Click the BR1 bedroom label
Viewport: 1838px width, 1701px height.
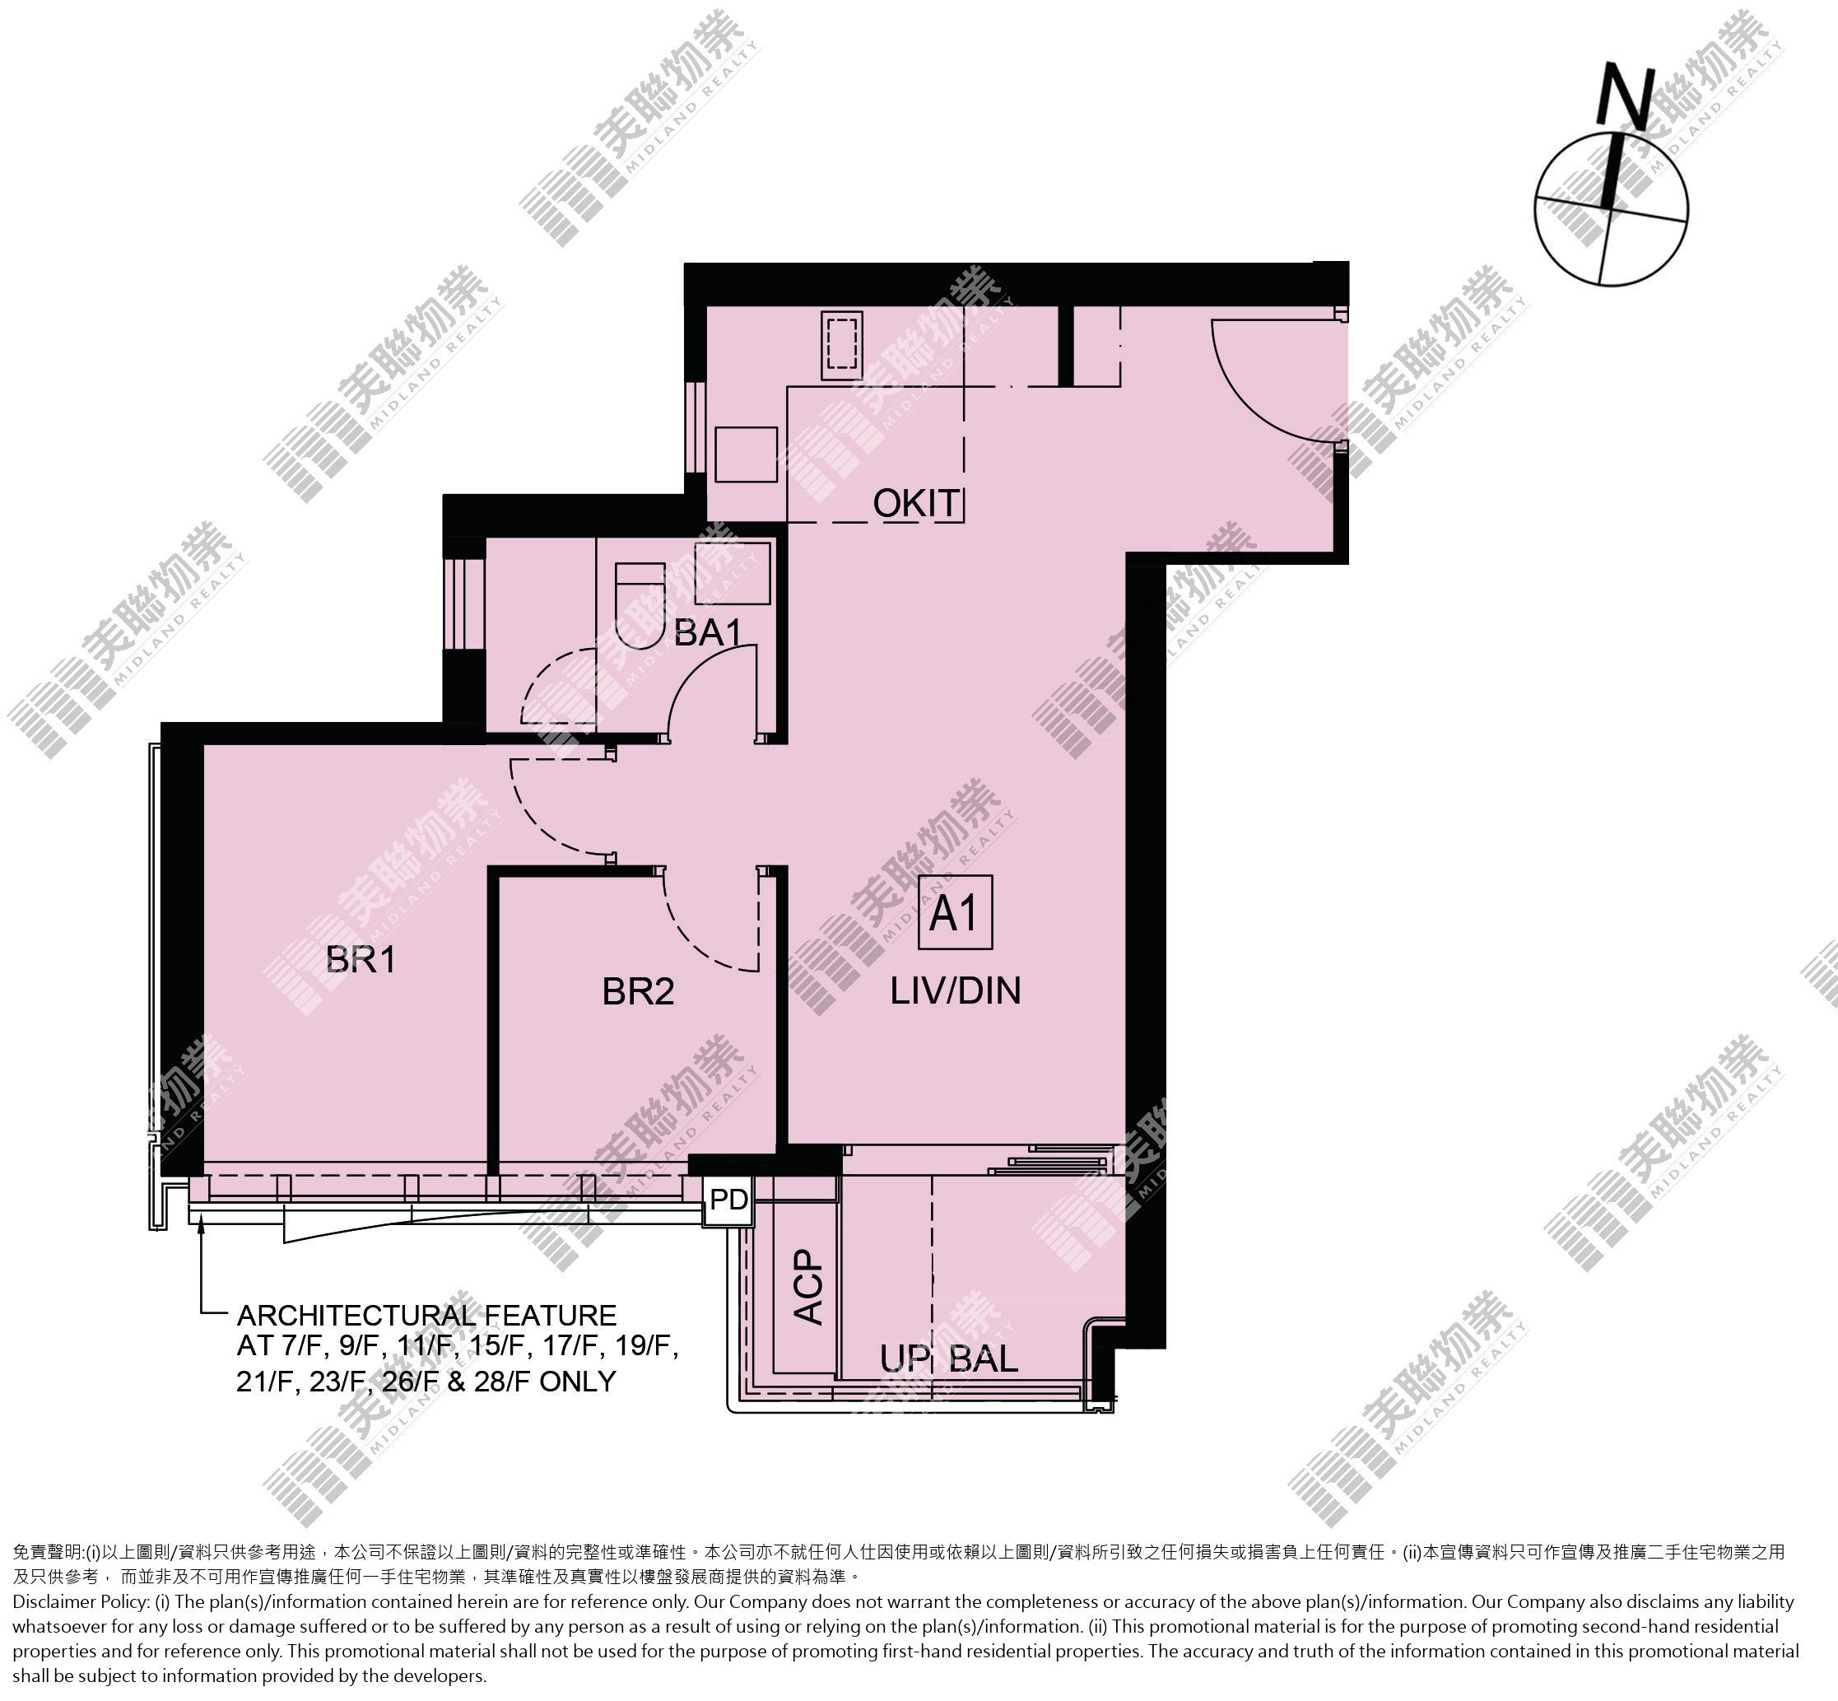(x=361, y=960)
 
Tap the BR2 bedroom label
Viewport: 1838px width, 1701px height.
(x=638, y=991)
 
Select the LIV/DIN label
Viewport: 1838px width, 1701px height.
(x=956, y=990)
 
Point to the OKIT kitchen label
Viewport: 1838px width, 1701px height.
(x=917, y=504)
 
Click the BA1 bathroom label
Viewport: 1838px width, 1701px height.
(x=708, y=632)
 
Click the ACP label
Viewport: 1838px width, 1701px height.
(x=809, y=1287)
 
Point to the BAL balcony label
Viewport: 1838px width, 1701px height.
(x=983, y=1360)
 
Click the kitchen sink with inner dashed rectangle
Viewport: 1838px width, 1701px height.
(x=842, y=344)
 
